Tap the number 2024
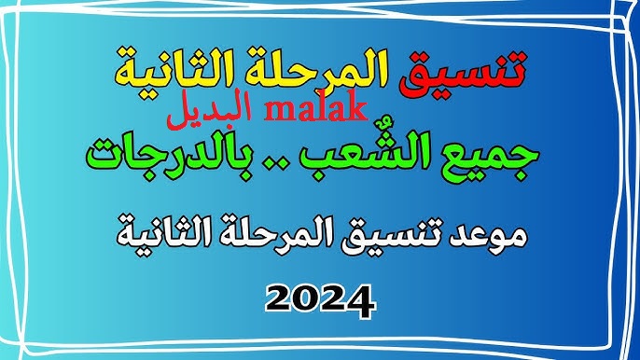pos(319,298)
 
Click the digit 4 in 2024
pos(360,298)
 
